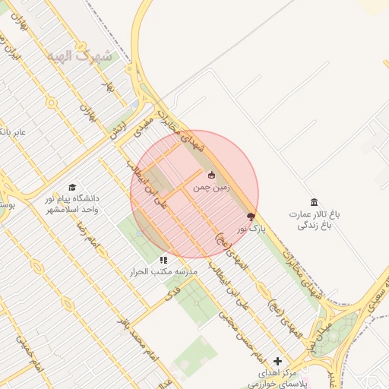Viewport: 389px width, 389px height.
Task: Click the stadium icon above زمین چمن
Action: pos(211,176)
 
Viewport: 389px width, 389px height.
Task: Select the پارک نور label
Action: pos(251,228)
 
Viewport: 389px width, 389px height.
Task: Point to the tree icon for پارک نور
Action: pos(251,217)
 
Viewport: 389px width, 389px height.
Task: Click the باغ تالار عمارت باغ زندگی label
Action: pos(314,220)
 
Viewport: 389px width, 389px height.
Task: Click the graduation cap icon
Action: pos(72,187)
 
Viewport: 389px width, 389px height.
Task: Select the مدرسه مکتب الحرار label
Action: pos(165,271)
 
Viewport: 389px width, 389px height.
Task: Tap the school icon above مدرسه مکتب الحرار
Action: pos(163,259)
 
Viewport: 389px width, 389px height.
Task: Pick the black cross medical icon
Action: pos(277,361)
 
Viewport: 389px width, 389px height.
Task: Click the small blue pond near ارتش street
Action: pos(134,105)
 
